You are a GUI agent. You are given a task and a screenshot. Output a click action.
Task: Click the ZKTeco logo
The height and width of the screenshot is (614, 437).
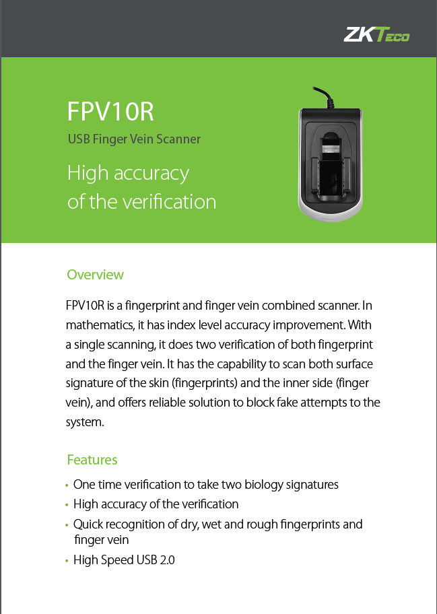tap(376, 34)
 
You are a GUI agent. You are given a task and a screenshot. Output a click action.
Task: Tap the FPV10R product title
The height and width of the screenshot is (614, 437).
tap(110, 111)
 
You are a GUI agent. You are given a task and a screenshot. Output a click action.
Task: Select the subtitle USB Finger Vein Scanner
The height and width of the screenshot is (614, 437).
tap(134, 139)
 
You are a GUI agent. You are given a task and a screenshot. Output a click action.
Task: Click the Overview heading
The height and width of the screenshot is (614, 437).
tap(95, 275)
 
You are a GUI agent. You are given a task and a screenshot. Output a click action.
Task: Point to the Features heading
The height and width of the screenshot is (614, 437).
tap(92, 460)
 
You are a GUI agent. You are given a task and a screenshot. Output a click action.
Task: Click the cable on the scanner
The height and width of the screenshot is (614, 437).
tap(325, 97)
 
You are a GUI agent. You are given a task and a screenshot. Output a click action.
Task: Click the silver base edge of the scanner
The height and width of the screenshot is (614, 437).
tap(331, 213)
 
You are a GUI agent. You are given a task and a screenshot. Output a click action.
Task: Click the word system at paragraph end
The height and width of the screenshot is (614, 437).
tap(85, 423)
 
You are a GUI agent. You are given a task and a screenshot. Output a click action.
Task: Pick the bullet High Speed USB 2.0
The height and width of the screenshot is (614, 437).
tap(124, 560)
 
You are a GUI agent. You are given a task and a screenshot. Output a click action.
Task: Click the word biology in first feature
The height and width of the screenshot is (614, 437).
tap(263, 485)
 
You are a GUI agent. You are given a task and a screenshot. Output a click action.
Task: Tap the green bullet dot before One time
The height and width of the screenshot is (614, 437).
tap(67, 485)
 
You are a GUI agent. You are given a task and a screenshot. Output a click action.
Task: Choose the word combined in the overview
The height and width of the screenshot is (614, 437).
tap(287, 306)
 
